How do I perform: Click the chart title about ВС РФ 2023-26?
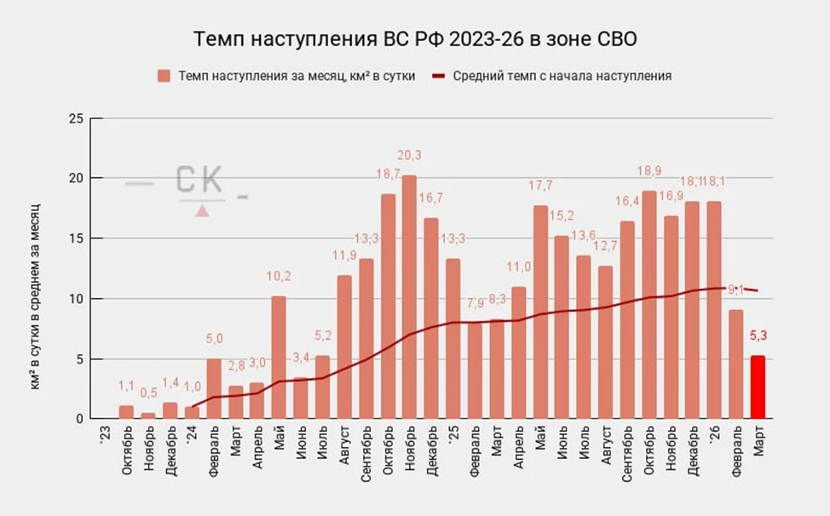(415, 40)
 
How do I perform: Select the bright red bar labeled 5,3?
(758, 387)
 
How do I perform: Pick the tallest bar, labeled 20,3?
(409, 296)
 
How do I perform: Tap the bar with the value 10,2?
(279, 357)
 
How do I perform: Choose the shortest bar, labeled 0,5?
(148, 416)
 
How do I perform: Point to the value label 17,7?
(540, 186)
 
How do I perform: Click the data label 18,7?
(388, 174)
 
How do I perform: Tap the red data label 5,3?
(758, 335)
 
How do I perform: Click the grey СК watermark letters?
(199, 181)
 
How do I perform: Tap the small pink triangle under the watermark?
(202, 210)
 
